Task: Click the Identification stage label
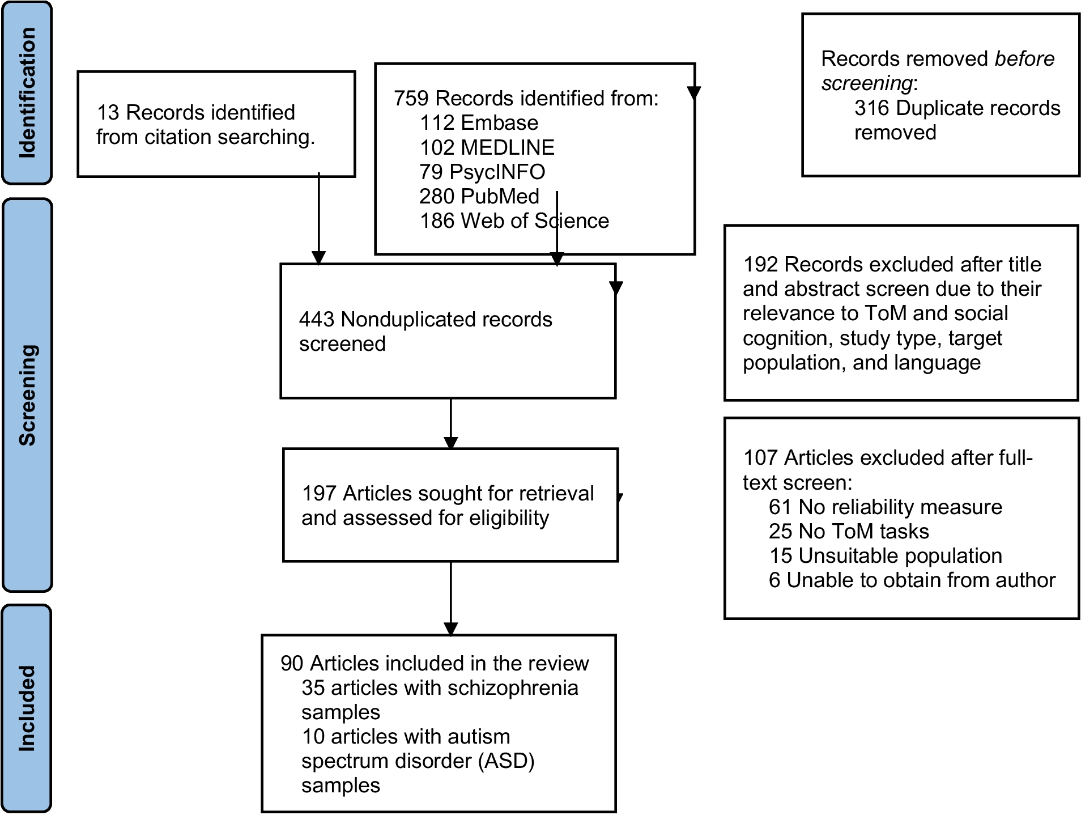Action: (x=27, y=92)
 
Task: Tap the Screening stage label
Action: (x=27, y=394)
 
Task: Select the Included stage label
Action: (x=27, y=708)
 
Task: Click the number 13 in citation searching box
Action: (x=108, y=112)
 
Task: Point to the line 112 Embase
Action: (x=479, y=122)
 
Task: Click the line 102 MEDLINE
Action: (x=487, y=147)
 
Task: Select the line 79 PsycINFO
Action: (x=482, y=172)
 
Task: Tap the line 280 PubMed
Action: (x=479, y=196)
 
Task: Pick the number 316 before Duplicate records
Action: (x=871, y=108)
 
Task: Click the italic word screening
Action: (x=866, y=83)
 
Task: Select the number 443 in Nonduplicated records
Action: (x=316, y=319)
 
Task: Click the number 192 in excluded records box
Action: (x=760, y=264)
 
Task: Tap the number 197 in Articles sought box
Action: (x=319, y=493)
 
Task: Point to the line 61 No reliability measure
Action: (x=886, y=507)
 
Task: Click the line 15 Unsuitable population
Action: (x=886, y=555)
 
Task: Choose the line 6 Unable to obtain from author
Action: (x=912, y=580)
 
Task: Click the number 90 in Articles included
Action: (x=292, y=663)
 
